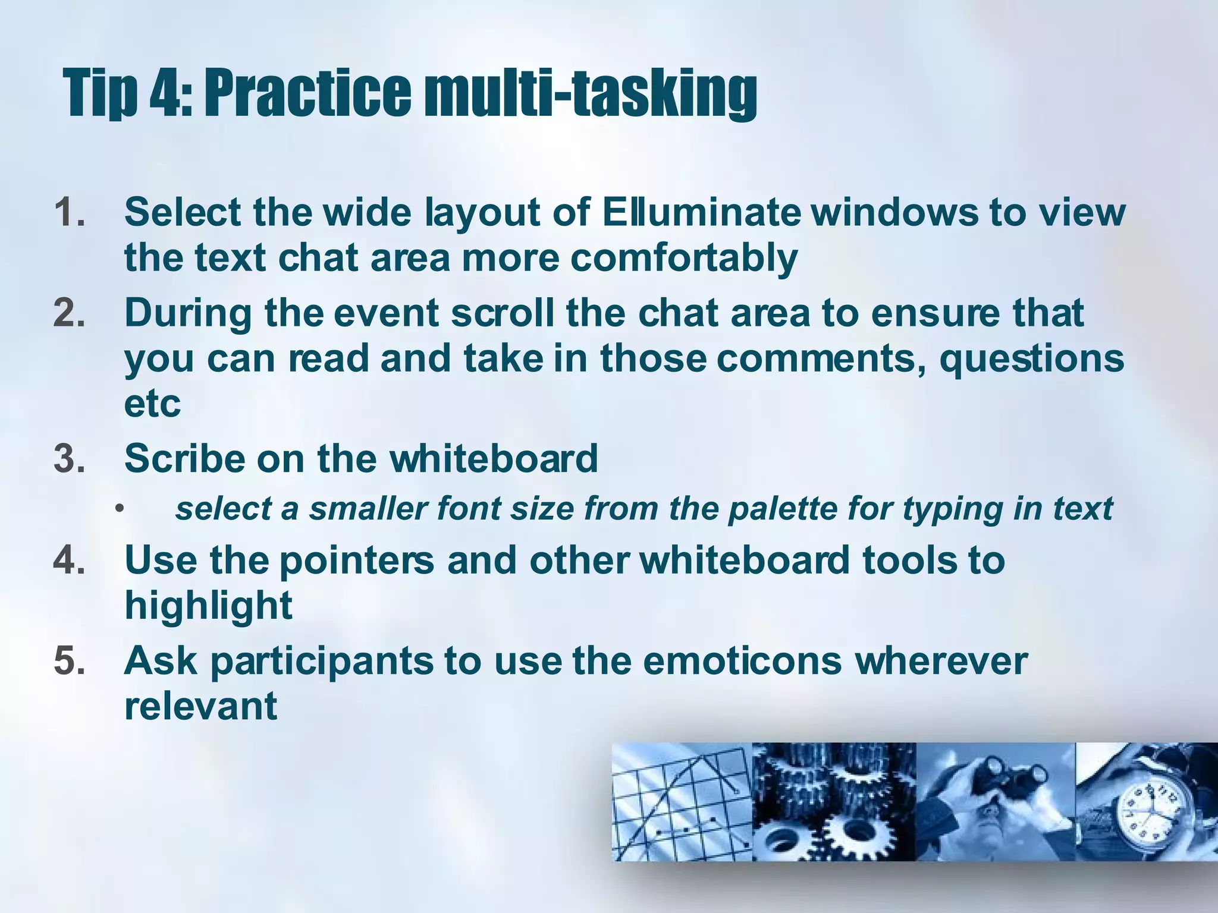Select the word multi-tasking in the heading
(x=589, y=94)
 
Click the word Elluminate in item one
(x=701, y=212)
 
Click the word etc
(x=152, y=404)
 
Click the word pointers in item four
(x=357, y=561)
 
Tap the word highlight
(x=208, y=606)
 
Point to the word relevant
(x=200, y=706)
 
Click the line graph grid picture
(x=682, y=802)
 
